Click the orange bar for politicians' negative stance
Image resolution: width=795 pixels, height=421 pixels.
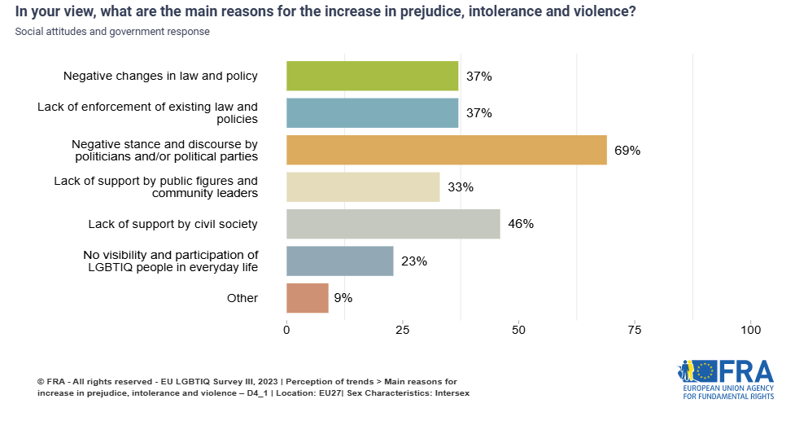tap(446, 150)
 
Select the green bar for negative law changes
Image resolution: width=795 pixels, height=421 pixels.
tap(372, 76)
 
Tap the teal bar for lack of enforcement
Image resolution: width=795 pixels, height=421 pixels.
tap(372, 113)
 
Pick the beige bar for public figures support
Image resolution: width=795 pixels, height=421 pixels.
tap(363, 187)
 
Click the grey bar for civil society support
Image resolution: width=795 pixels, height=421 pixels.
tap(393, 224)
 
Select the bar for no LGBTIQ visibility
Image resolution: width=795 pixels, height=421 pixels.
tap(339, 261)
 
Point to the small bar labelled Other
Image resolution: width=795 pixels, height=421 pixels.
tap(307, 298)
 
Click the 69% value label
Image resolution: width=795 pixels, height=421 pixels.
tap(627, 151)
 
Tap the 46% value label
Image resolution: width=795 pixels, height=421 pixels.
tap(521, 224)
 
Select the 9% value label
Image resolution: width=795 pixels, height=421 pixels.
tap(343, 298)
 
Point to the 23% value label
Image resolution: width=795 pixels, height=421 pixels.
tap(414, 261)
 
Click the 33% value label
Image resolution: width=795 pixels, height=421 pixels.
tap(461, 187)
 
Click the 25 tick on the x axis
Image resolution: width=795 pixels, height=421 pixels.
tap(402, 330)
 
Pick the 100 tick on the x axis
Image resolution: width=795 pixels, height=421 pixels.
tap(750, 330)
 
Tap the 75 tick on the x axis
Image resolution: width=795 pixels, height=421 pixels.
tap(635, 330)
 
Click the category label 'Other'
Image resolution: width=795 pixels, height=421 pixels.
tap(242, 298)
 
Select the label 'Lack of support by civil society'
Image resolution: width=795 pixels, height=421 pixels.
tap(173, 224)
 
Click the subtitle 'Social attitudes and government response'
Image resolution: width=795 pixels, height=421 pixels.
tap(111, 32)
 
